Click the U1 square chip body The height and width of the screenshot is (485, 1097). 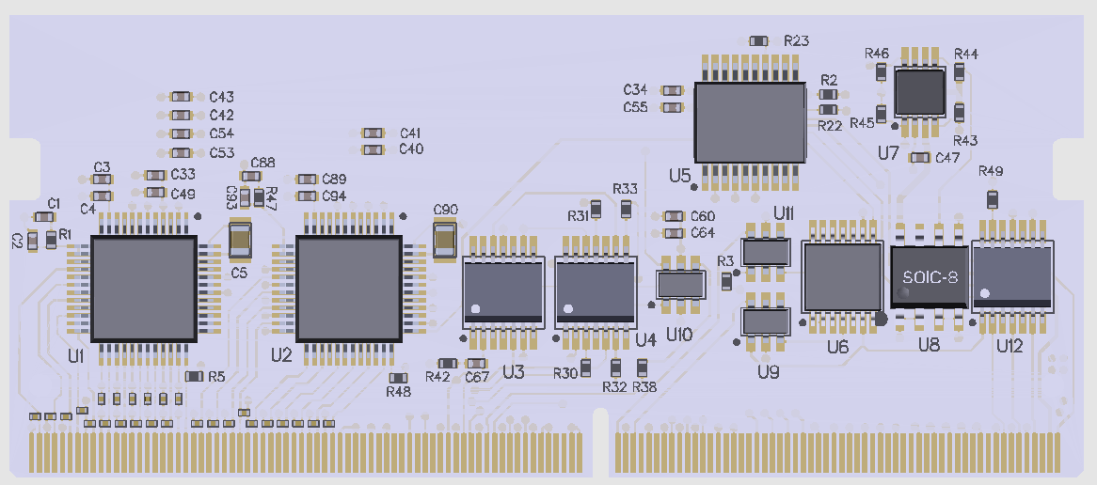[143, 289]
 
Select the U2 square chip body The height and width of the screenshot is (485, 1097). [348, 289]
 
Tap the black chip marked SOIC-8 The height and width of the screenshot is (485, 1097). [930, 277]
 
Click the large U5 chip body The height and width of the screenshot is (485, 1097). [750, 122]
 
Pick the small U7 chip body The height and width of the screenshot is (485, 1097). [919, 91]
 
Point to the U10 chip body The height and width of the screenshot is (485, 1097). [679, 284]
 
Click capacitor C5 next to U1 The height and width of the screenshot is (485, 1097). [240, 240]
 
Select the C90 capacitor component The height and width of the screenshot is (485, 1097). [445, 239]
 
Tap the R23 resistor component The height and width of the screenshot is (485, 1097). [759, 41]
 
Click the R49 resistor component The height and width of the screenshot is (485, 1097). [992, 198]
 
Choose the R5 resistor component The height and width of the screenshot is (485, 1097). [194, 376]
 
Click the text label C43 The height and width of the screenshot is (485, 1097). [222, 97]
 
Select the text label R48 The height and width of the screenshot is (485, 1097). [399, 392]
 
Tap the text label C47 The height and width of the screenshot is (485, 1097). [947, 157]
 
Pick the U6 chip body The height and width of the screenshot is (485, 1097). [843, 276]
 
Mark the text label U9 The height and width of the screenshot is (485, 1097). [769, 372]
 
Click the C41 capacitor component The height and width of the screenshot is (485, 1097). [374, 133]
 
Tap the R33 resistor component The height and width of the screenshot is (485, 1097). [627, 208]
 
